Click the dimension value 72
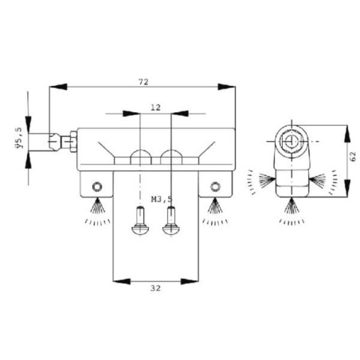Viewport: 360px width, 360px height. coord(143,82)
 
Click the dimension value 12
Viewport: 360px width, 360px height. coord(155,108)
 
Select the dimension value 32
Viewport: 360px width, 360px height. coord(155,288)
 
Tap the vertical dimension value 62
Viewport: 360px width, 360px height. coord(353,157)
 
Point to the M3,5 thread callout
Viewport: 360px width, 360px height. coord(162,199)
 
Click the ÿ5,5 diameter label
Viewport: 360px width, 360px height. coord(20,138)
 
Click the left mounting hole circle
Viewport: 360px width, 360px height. coord(97,186)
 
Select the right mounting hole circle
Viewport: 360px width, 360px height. coord(215,186)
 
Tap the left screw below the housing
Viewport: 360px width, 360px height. coord(140,221)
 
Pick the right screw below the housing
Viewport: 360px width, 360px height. coord(171,221)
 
